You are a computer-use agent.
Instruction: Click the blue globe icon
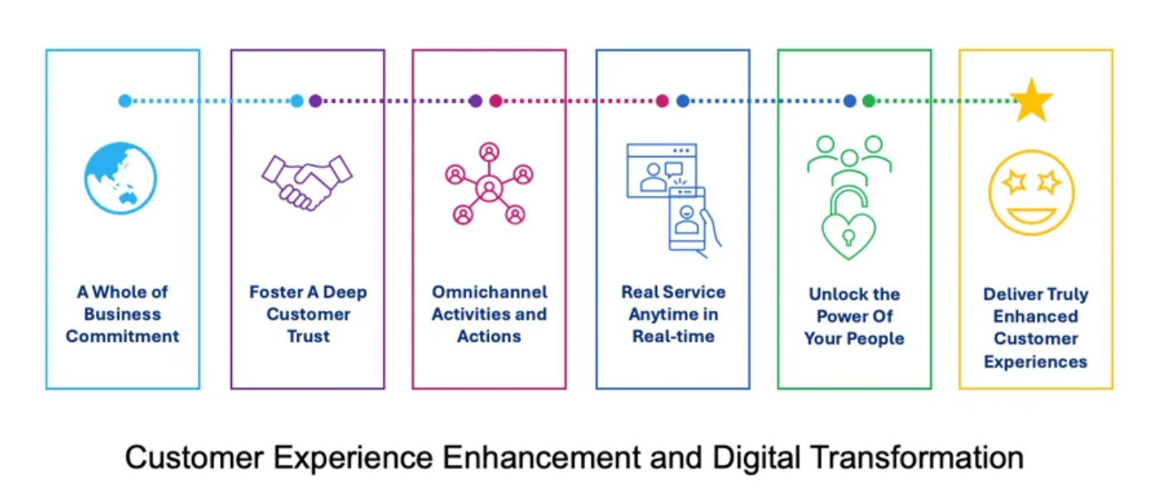pyautogui.click(x=121, y=178)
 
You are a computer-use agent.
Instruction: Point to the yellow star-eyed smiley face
pyautogui.click(x=1032, y=193)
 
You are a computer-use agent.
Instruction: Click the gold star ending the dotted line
pyautogui.click(x=1032, y=100)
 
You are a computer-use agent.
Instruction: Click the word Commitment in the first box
pyautogui.click(x=122, y=336)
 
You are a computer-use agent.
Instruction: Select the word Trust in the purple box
pyautogui.click(x=309, y=336)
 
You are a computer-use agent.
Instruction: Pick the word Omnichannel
pyautogui.click(x=490, y=292)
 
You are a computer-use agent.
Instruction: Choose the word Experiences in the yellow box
pyautogui.click(x=1035, y=362)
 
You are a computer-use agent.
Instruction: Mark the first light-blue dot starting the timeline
pyautogui.click(x=125, y=101)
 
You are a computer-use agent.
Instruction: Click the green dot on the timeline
pyautogui.click(x=869, y=101)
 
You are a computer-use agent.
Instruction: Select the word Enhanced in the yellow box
pyautogui.click(x=1035, y=316)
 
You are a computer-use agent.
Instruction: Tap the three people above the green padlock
pyautogui.click(x=849, y=160)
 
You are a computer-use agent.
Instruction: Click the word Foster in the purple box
pyautogui.click(x=276, y=292)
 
